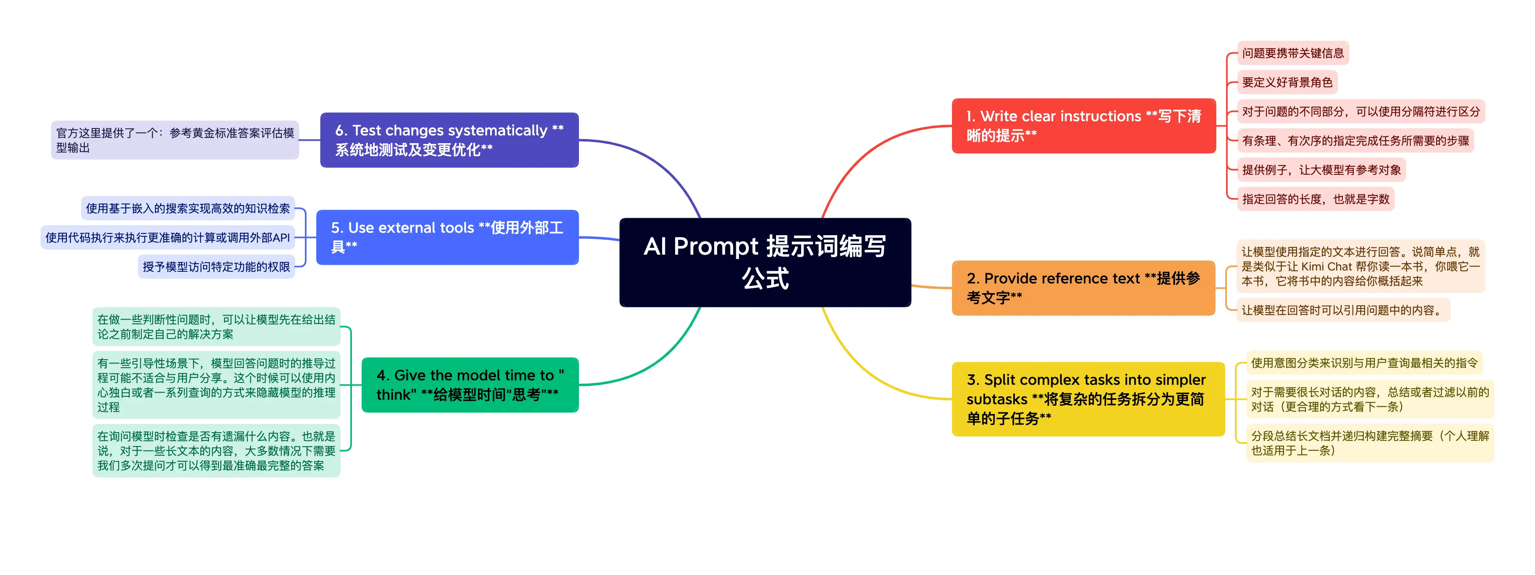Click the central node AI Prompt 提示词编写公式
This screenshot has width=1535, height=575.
click(765, 262)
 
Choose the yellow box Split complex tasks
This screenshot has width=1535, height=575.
click(1087, 399)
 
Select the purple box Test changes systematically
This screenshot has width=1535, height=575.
click(449, 140)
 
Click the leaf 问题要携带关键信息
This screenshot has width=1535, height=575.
click(1293, 53)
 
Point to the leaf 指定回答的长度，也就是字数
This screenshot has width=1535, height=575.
click(1315, 199)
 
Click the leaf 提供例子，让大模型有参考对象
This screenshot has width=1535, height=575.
click(1321, 170)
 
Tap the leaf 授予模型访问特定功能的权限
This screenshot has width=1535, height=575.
click(217, 267)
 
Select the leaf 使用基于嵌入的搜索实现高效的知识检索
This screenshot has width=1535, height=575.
click(188, 208)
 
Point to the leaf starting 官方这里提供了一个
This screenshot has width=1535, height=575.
click(175, 140)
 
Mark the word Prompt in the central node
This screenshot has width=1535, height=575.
click(715, 246)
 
